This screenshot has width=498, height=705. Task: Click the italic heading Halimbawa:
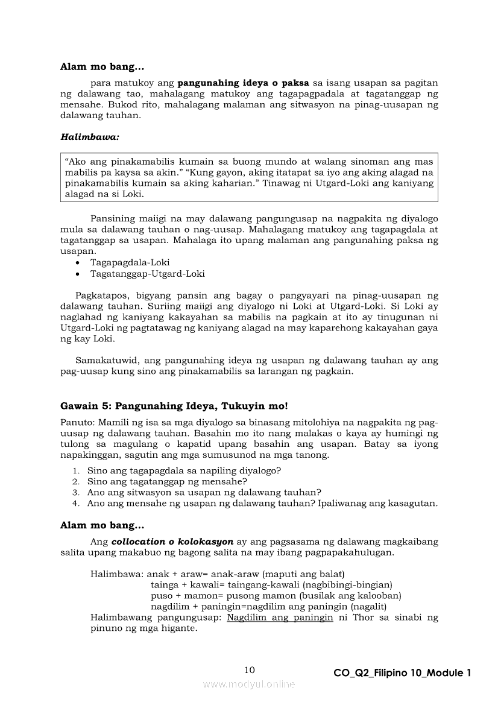(90, 137)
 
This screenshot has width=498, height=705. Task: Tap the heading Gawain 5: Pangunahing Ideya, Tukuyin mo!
(174, 406)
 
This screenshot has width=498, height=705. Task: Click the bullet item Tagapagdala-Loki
(130, 262)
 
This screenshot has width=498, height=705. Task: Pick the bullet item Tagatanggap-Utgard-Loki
(147, 274)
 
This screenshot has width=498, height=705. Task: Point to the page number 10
(250, 670)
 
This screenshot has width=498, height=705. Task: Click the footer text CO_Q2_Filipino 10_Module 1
(402, 673)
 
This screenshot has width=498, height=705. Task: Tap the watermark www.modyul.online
(249, 684)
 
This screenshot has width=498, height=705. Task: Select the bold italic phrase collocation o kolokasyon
(173, 541)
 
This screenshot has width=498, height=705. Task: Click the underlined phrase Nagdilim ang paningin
(280, 618)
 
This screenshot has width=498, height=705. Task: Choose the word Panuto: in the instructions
(78, 422)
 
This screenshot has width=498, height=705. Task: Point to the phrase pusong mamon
(257, 595)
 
